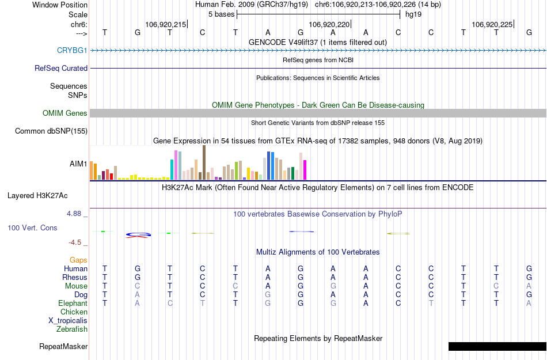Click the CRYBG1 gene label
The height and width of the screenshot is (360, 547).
pos(72,51)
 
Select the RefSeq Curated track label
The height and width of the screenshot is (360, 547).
pos(61,68)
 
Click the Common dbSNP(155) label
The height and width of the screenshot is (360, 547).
pos(51,131)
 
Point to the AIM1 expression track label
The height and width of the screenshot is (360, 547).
pos(78,164)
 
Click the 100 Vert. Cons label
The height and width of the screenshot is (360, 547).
pos(32,228)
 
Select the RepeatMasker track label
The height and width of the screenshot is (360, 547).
pos(63,347)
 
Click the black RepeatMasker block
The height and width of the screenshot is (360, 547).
pos(497,346)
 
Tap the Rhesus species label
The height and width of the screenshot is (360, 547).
pos(75,277)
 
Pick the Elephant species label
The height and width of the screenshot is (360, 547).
pos(73,303)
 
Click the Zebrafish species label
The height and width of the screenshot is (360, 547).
pos(72,329)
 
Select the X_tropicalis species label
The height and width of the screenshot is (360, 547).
pos(68,321)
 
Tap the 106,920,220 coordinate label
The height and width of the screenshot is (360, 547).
pos(329,25)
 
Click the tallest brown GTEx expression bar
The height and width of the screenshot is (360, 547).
pos(204,162)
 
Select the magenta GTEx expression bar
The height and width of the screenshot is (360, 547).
pos(305,170)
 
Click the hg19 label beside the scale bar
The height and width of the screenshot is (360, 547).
pos(413,14)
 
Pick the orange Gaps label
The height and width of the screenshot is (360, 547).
pos(78,260)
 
